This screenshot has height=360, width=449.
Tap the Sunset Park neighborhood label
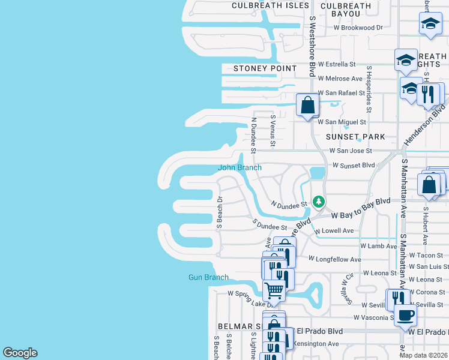355,137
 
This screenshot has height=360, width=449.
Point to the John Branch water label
240,167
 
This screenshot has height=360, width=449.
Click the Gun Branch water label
208,277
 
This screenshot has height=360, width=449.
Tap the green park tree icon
319,201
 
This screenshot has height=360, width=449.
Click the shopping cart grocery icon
274,290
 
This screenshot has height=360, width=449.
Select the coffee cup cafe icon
405,314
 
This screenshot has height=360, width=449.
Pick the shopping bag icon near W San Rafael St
307,105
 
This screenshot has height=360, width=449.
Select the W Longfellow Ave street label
334,259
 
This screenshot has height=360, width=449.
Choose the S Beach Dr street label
220,212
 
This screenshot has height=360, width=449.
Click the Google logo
20,353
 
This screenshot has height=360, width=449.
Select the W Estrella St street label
337,64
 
